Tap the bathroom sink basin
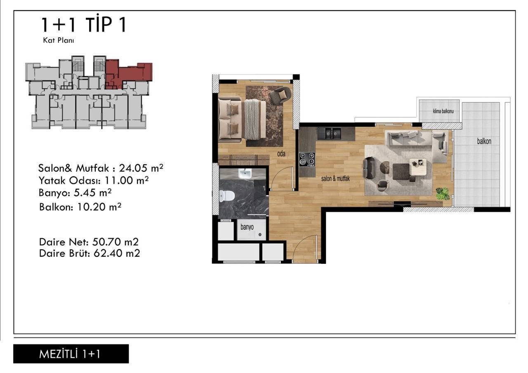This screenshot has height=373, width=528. coord(245,174)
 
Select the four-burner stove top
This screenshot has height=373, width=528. coord(307,160)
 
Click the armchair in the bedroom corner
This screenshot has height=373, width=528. coord(280,96)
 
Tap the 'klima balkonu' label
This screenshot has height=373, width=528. coord(443,111)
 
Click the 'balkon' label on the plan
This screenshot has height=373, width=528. coord(484,141)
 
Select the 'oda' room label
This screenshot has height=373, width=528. coord(281,154)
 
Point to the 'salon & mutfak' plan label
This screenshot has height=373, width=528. coord(335,179)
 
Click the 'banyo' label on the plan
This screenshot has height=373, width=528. coord(247,227)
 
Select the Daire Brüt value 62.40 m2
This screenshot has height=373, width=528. coord(117,253)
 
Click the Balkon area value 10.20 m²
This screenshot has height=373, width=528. coord(99,207)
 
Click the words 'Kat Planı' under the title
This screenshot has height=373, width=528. coord(59,40)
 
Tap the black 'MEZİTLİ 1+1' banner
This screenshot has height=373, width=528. coord(71,354)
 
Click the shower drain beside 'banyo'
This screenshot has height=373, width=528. coord(260,235)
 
